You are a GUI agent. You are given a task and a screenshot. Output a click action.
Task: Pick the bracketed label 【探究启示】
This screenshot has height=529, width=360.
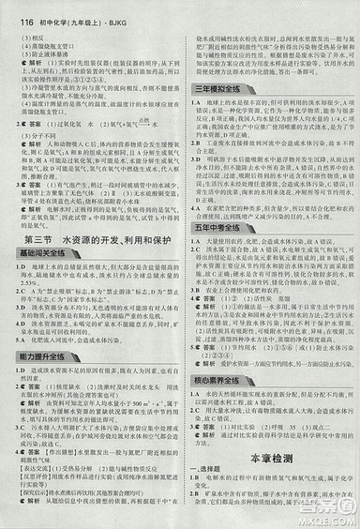click(x=37, y=499)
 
